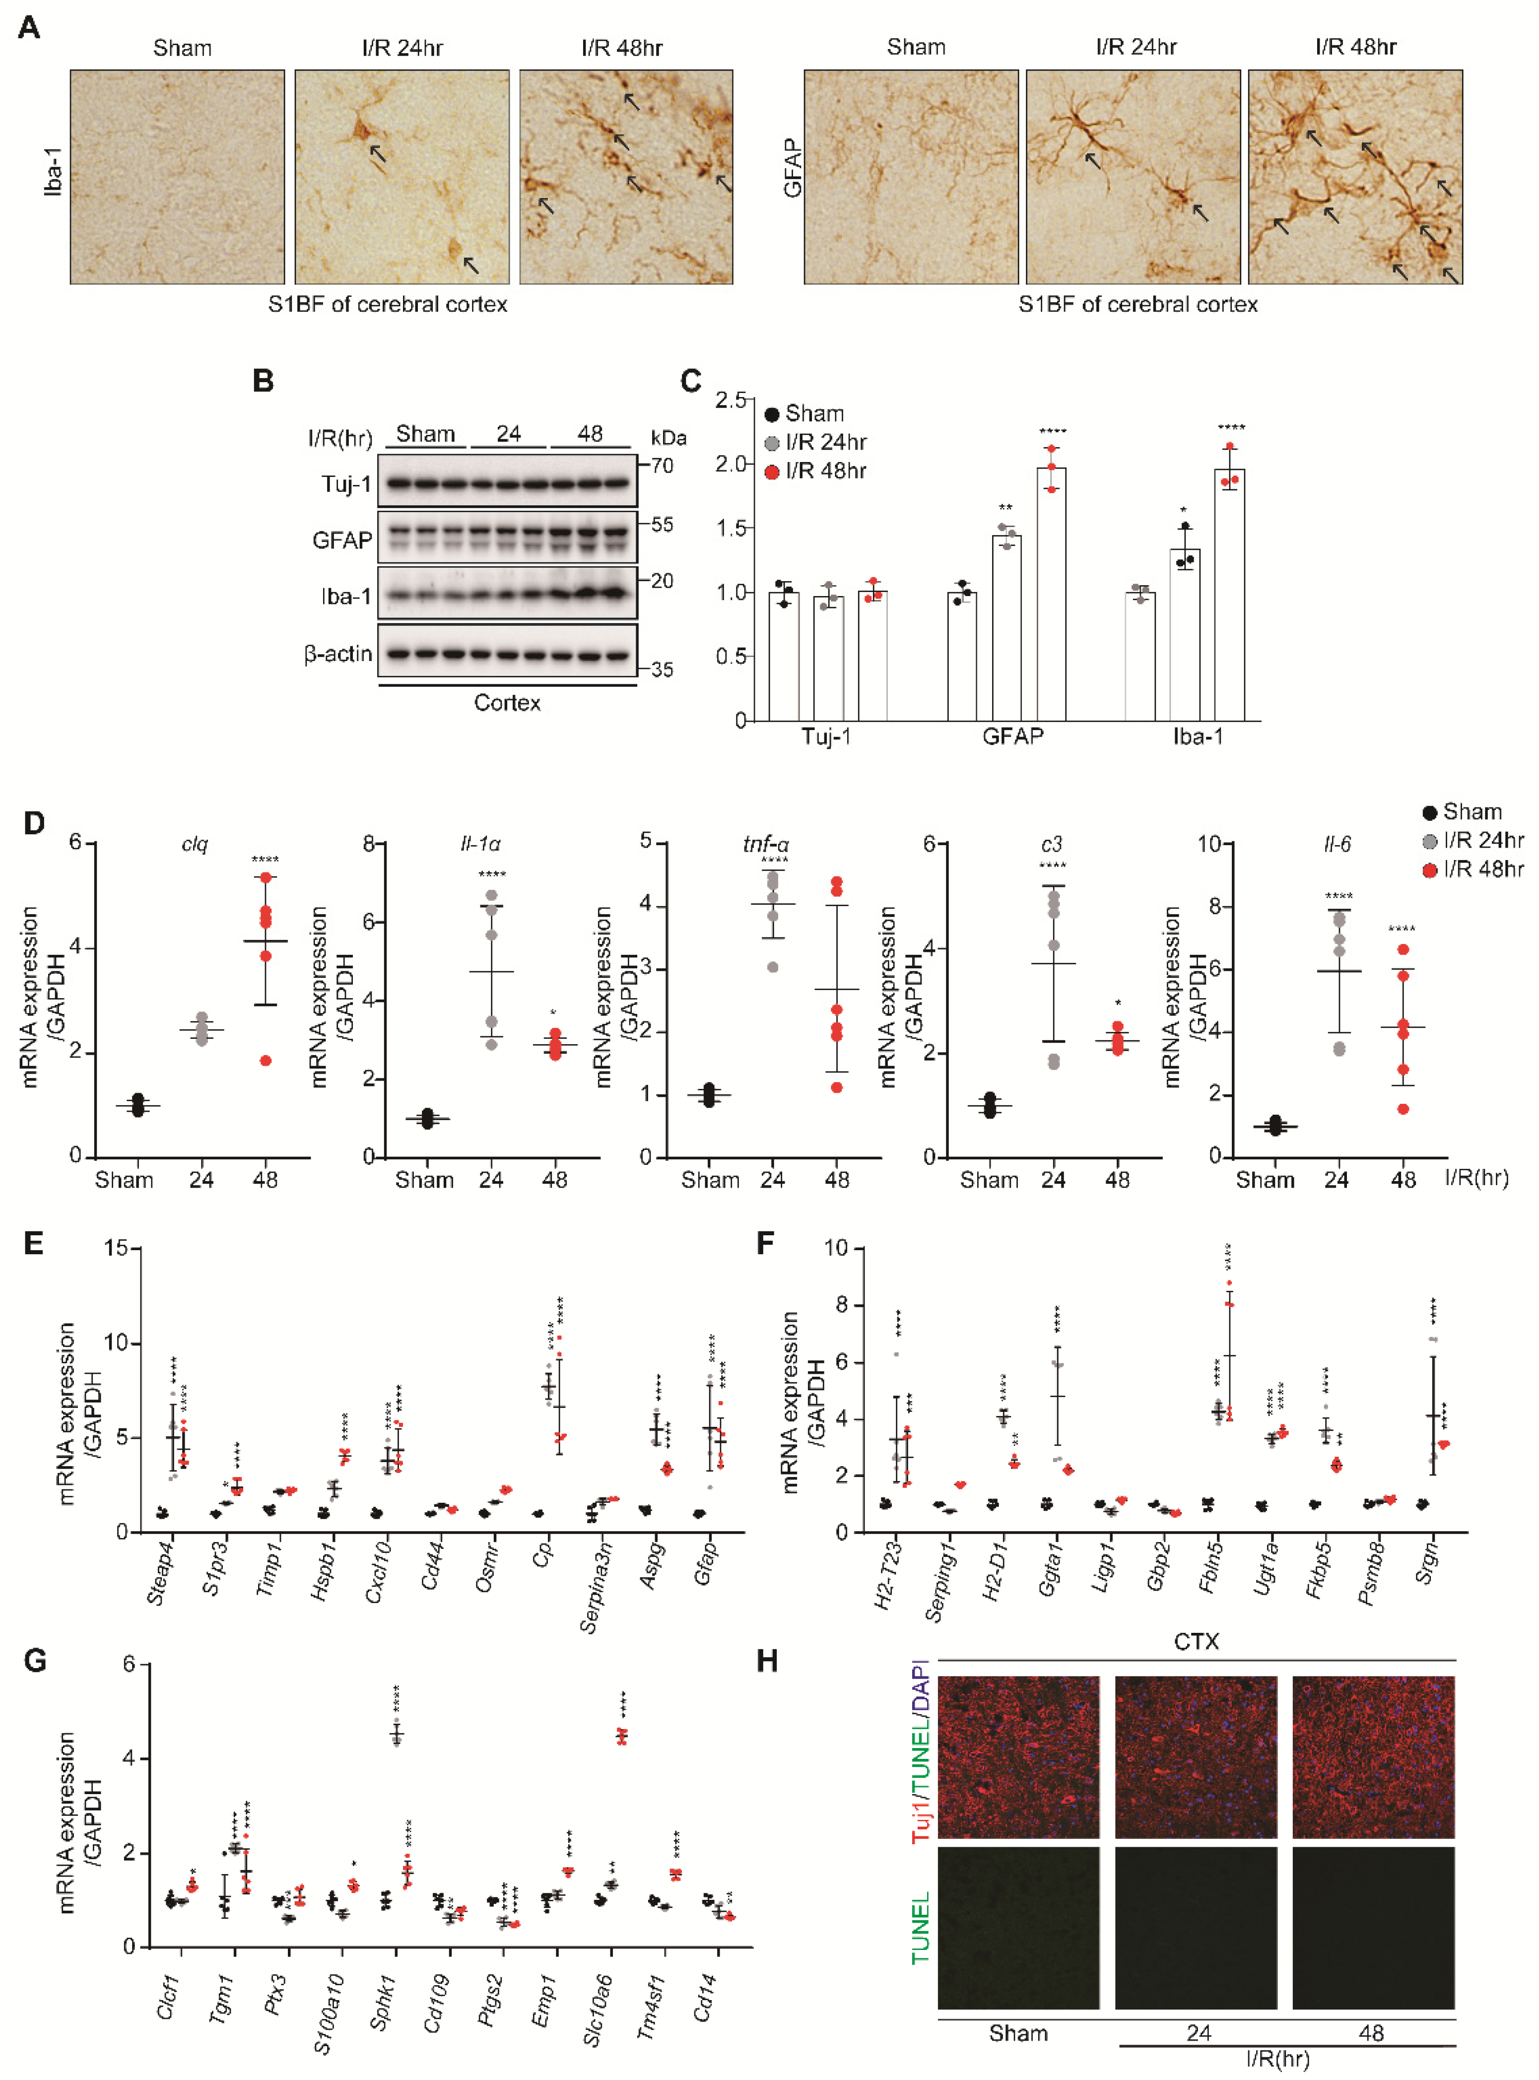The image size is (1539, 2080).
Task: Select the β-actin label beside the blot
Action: tap(337, 654)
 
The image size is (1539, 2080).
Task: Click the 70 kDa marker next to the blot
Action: tap(662, 465)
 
